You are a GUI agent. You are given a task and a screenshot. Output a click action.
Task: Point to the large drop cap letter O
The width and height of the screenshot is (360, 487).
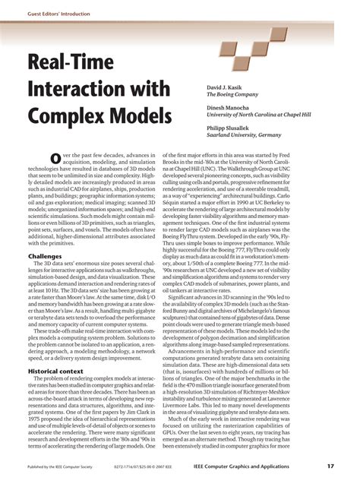[56, 157]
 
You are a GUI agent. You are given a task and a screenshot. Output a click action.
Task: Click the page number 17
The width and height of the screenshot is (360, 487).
[331, 466]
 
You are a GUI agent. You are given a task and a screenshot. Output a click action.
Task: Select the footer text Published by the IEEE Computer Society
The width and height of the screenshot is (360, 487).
[60, 466]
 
